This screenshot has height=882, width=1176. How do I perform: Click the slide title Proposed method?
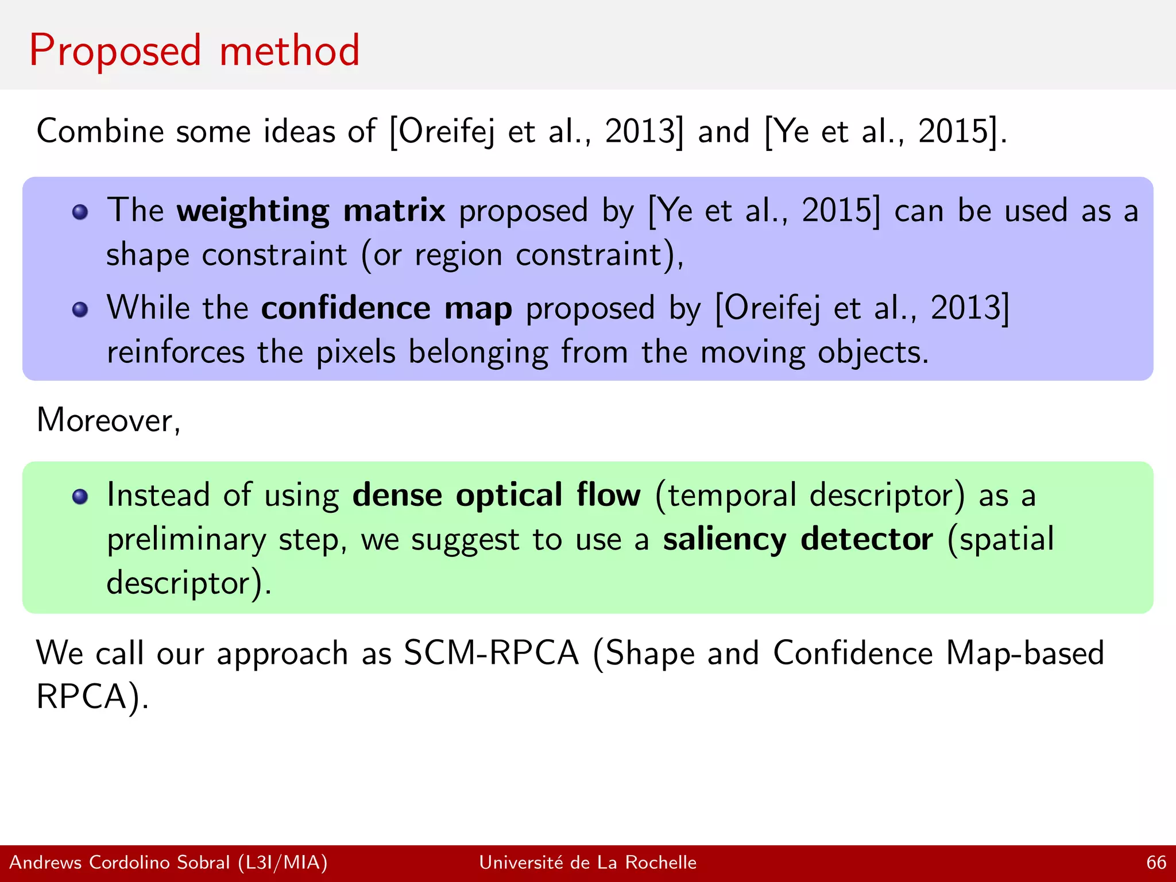[194, 51]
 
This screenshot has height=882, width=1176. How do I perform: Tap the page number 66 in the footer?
[1156, 862]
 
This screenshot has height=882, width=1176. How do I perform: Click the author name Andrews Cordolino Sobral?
[119, 862]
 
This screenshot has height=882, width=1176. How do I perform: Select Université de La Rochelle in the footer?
[587, 862]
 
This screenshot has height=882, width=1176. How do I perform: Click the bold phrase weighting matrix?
[310, 210]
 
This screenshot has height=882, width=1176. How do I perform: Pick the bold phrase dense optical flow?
[496, 495]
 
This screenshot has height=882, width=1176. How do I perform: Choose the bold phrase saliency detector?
[798, 539]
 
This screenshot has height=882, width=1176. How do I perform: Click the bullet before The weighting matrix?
[80, 212]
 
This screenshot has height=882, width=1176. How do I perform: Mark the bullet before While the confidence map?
[80, 310]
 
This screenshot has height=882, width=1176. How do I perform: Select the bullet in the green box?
[80, 497]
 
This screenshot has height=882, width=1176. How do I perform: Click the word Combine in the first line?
[100, 131]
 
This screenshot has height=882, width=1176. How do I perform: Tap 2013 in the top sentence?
[643, 131]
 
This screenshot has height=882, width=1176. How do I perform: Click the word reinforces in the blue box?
[175, 352]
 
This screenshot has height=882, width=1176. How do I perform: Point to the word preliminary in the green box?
[186, 540]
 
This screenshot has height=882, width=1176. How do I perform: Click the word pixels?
[355, 352]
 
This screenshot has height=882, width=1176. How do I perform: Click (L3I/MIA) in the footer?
[283, 862]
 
